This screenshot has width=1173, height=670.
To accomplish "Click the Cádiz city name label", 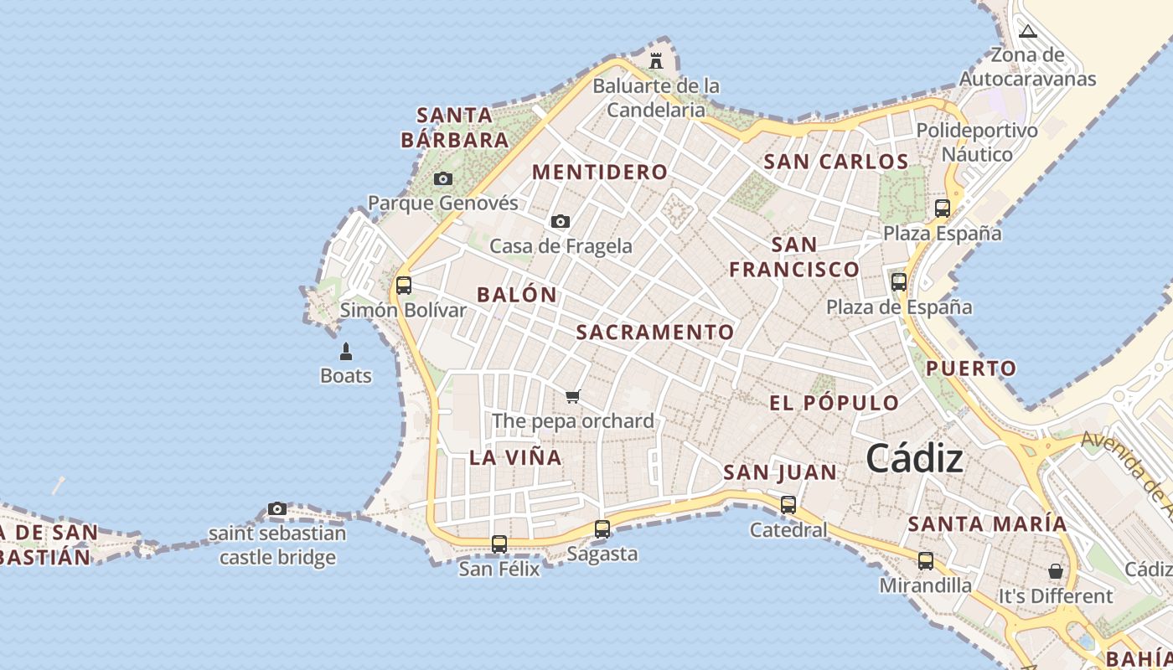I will click(x=914, y=458).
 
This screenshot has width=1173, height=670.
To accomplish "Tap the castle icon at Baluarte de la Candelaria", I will click(x=656, y=61).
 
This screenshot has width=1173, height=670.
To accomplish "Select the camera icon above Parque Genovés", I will click(x=443, y=178).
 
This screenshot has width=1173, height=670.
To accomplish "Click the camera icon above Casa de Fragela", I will click(x=561, y=222).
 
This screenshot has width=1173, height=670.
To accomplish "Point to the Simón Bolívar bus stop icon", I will click(x=404, y=286).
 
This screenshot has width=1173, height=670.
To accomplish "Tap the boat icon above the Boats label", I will click(x=346, y=352).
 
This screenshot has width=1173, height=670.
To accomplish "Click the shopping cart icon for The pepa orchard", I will click(x=573, y=396).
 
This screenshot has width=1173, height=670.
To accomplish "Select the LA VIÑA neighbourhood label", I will click(x=515, y=457).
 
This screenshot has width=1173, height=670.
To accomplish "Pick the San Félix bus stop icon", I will click(x=499, y=544).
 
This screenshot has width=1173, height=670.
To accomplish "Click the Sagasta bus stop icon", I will click(x=602, y=529).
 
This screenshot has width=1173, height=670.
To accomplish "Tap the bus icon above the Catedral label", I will click(x=788, y=505).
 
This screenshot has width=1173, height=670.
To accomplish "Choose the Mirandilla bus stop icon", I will click(x=926, y=561).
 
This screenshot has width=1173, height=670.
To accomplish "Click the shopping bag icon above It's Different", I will click(x=1056, y=571).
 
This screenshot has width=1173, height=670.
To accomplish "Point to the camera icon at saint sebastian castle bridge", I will click(x=277, y=508).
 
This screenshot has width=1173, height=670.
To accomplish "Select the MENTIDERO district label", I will click(x=600, y=173).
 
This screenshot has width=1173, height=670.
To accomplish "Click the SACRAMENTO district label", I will click(x=655, y=332).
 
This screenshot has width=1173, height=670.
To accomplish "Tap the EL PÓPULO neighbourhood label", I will click(x=834, y=403).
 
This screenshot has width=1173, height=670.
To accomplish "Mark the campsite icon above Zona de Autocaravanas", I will click(x=1028, y=32).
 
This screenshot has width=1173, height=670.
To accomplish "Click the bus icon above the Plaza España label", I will click(x=943, y=209).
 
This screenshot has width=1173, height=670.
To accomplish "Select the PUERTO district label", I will click(x=971, y=368).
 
